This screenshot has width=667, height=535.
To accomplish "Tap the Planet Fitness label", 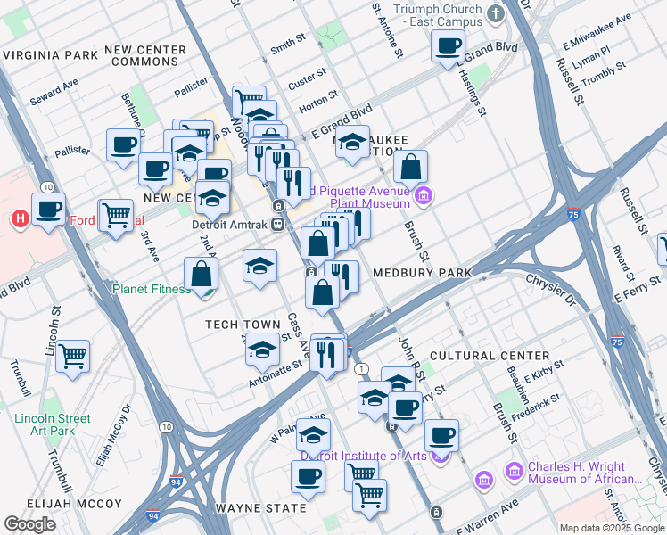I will point(151,289).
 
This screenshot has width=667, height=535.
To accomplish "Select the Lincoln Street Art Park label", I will point(52,424).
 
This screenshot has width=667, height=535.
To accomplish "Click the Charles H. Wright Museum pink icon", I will point(513,470).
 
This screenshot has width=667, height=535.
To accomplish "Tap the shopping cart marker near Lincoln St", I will point(72,355).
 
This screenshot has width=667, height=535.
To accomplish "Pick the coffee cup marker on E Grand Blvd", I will point(448,45).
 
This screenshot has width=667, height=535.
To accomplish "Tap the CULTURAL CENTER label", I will point(488,355).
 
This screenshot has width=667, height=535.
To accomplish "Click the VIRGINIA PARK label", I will point(50,54).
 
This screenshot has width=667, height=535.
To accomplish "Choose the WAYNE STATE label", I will point(261,508).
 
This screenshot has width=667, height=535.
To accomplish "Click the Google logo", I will point(29,523).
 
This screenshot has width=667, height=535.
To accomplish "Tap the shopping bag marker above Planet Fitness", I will point(202,272).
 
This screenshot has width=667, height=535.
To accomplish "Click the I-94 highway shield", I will point(154,515).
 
